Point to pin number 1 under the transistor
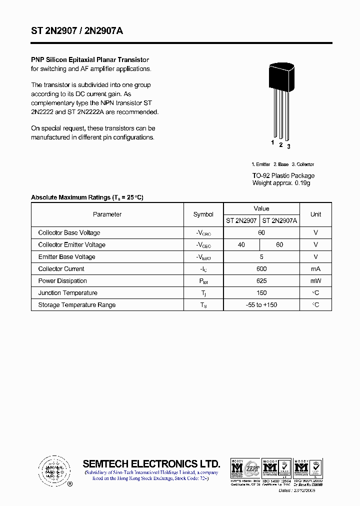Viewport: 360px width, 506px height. (272, 142)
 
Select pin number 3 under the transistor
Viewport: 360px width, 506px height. (288, 146)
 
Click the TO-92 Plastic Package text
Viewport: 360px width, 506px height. (283, 175)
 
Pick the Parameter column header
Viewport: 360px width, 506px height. (107, 214)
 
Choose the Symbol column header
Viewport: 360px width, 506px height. (203, 214)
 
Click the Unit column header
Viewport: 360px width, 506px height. (315, 214)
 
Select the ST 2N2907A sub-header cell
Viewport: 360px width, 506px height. (279, 220)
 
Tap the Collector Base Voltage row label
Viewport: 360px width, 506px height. (69, 233)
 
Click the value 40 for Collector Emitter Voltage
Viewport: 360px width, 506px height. (241, 245)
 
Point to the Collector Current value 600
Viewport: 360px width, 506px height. (261, 269)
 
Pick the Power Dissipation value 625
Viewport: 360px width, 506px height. (261, 281)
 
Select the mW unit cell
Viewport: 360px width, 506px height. (315, 281)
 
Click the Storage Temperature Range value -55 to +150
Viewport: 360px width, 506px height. (261, 305)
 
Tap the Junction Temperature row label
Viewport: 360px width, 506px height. (67, 293)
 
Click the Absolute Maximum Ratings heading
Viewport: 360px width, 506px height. (87, 197)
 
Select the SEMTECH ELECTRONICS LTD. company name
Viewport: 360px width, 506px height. (151, 463)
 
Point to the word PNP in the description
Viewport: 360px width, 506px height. (37, 59)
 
